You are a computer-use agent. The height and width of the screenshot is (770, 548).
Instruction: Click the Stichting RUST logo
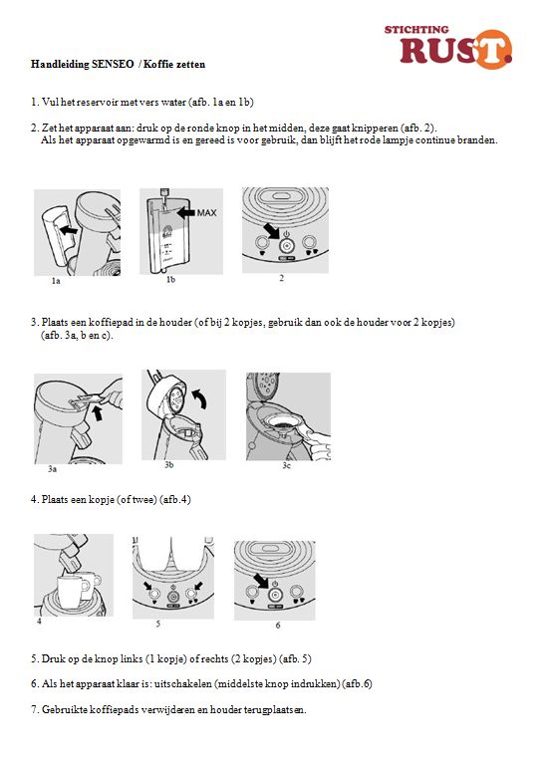tap(447, 46)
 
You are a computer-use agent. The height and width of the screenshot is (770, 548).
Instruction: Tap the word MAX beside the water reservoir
tap(206, 212)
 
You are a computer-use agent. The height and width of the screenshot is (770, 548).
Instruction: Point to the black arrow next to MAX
tap(186, 212)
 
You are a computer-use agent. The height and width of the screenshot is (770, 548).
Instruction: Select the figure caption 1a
tap(56, 281)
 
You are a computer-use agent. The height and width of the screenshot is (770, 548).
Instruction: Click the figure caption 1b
tap(170, 280)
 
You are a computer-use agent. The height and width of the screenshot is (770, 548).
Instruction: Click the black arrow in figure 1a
tap(69, 229)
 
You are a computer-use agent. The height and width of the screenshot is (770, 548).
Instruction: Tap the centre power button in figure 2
tap(286, 244)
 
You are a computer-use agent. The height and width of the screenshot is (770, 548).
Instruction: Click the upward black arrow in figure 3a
tap(99, 412)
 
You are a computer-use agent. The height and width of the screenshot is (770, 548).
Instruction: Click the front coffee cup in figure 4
tap(72, 591)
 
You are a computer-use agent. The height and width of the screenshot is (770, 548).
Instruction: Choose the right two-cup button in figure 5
tap(191, 595)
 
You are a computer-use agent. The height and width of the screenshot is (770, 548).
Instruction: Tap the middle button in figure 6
tap(274, 595)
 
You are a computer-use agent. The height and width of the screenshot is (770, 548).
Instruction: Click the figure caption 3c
tap(286, 465)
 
